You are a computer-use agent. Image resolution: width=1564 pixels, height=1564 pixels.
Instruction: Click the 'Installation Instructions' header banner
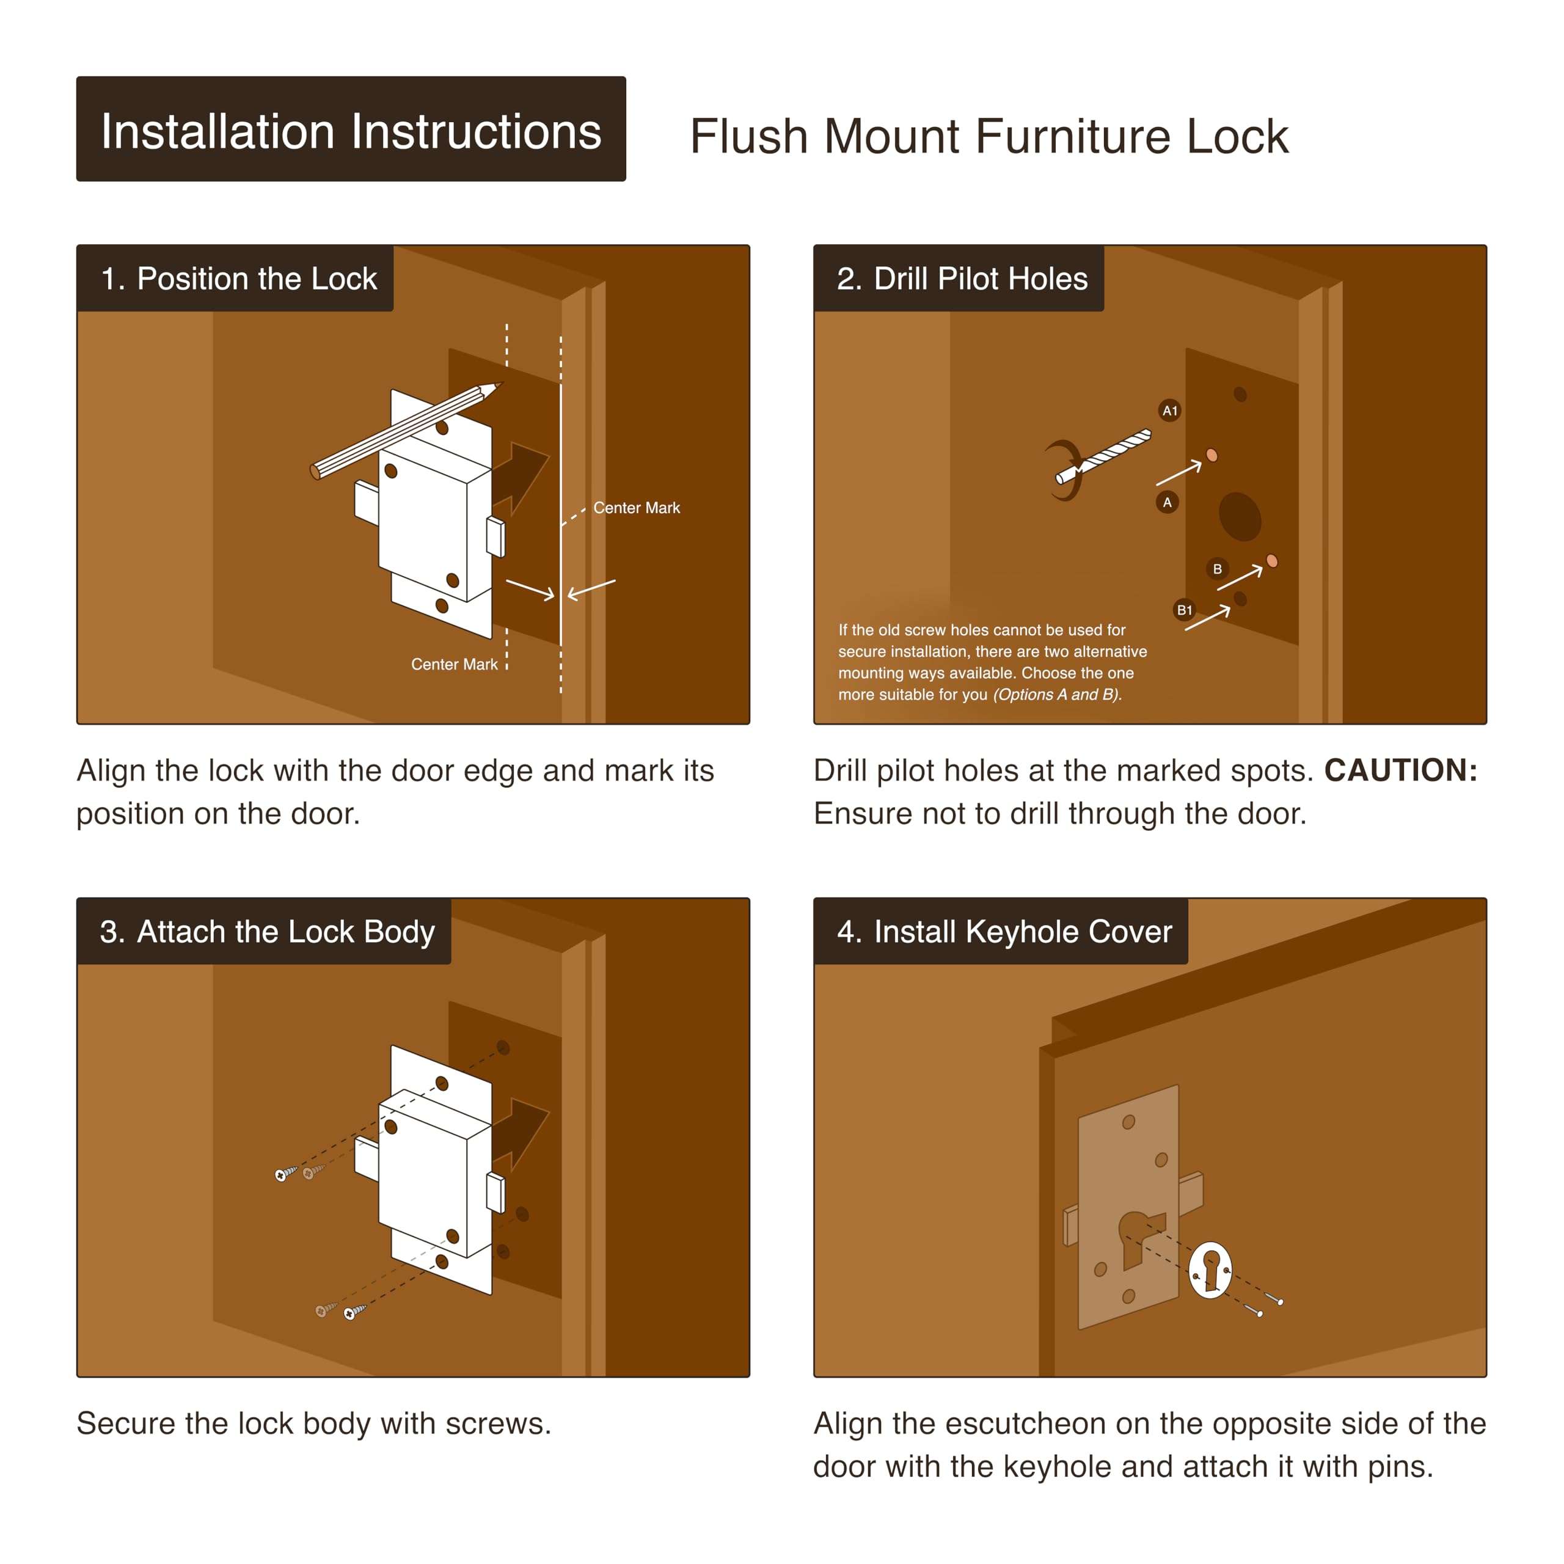pos(351,129)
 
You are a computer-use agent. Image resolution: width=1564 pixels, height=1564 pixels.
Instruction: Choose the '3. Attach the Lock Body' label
pos(264,931)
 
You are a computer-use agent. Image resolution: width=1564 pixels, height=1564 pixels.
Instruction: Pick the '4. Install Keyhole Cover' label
pos(1001,931)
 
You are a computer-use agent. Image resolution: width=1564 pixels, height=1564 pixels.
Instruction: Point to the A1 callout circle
pos(1170,411)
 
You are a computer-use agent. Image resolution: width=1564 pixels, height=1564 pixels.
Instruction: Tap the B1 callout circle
pos(1185,610)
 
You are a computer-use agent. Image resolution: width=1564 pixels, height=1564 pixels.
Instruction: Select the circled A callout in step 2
pos(1166,502)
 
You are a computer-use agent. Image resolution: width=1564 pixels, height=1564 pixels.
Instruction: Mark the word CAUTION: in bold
pos(1400,770)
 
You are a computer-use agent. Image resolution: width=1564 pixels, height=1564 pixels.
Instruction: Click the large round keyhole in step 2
pos(1240,516)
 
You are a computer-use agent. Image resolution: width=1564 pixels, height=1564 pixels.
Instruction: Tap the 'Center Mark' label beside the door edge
pos(636,508)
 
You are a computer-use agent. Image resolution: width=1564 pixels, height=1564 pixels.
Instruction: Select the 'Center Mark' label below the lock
pos(454,664)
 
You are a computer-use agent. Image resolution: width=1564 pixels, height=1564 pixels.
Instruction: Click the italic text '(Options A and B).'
pos(1058,694)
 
